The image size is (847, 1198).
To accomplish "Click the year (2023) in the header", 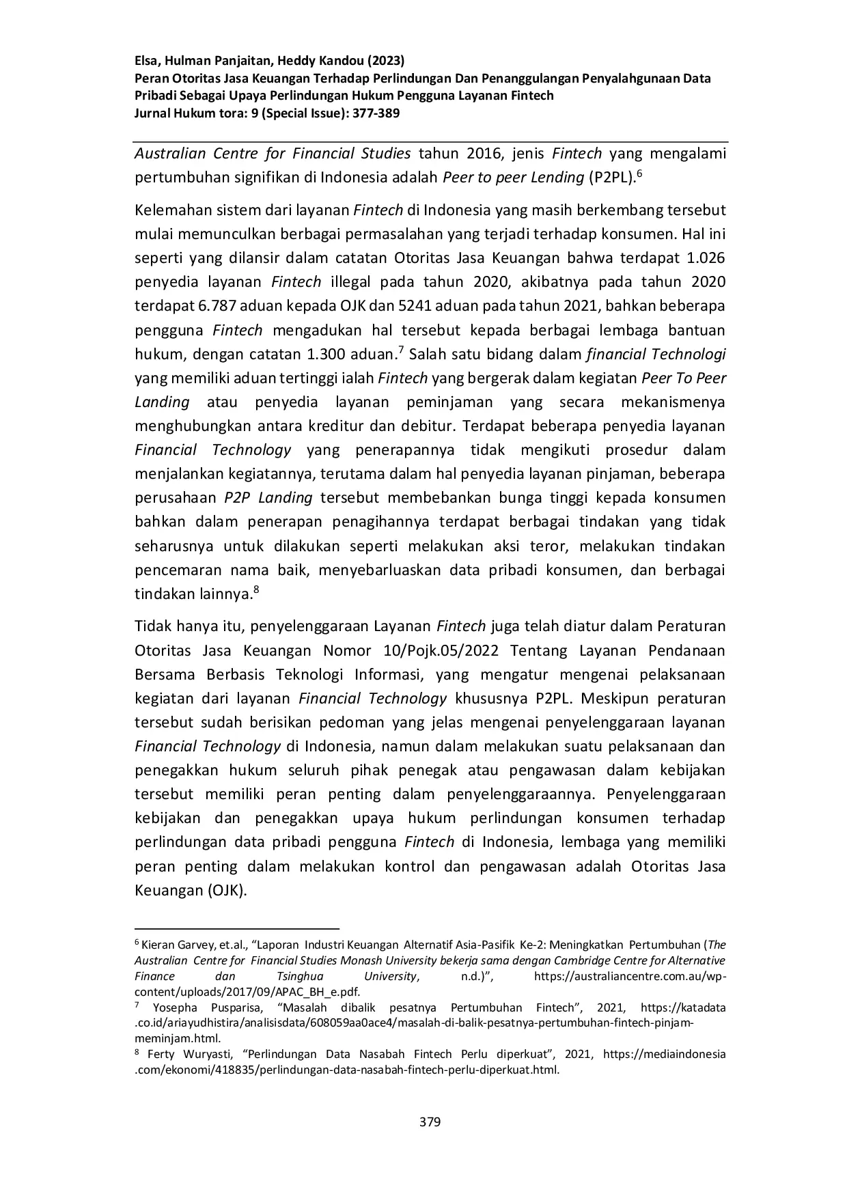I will click(x=385, y=60).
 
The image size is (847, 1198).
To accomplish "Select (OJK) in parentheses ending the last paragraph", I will click(x=226, y=891).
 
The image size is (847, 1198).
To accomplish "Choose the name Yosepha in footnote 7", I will click(x=175, y=1008).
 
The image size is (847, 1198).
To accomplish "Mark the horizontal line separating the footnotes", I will click(x=237, y=929).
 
